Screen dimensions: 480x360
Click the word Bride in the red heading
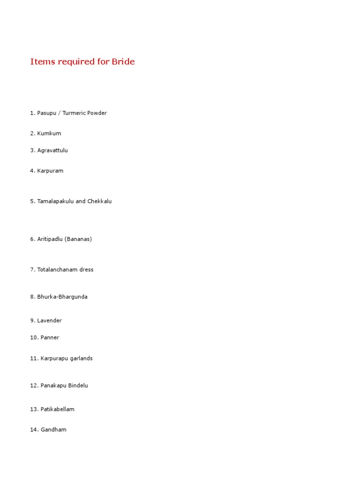tap(123, 61)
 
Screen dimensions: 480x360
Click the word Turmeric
tap(75, 113)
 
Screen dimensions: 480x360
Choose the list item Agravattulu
tap(52, 150)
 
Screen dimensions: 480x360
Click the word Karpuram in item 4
tap(50, 171)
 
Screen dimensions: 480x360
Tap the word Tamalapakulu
tap(55, 201)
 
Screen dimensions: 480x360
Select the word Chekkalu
tap(99, 201)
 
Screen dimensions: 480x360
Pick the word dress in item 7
tap(87, 270)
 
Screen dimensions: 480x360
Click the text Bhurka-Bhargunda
tap(62, 297)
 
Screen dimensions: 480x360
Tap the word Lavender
tap(50, 321)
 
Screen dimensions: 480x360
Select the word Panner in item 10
tap(50, 337)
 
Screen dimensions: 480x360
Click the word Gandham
tap(53, 429)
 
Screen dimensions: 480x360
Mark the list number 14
tap(34, 429)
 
